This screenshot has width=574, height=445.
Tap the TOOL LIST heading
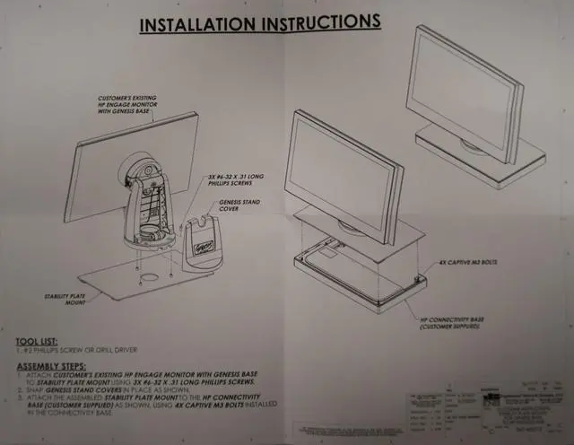click(x=43, y=342)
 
